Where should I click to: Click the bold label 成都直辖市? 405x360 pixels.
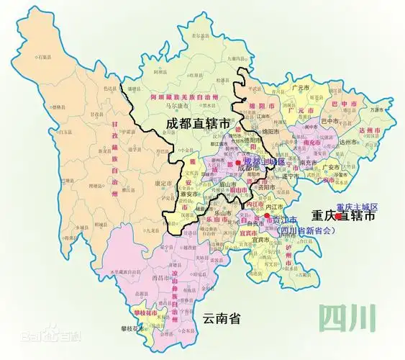click(198, 123)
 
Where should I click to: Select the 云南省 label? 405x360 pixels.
click(220, 318)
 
